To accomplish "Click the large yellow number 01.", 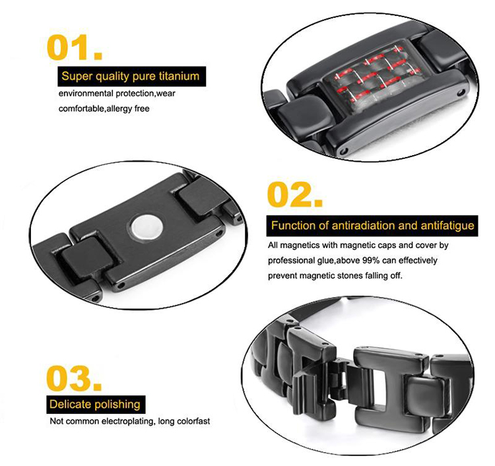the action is (x=75, y=48).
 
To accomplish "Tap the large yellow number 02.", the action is (x=295, y=195).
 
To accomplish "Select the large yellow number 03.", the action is (x=74, y=378).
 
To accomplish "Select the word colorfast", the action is (x=193, y=421).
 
